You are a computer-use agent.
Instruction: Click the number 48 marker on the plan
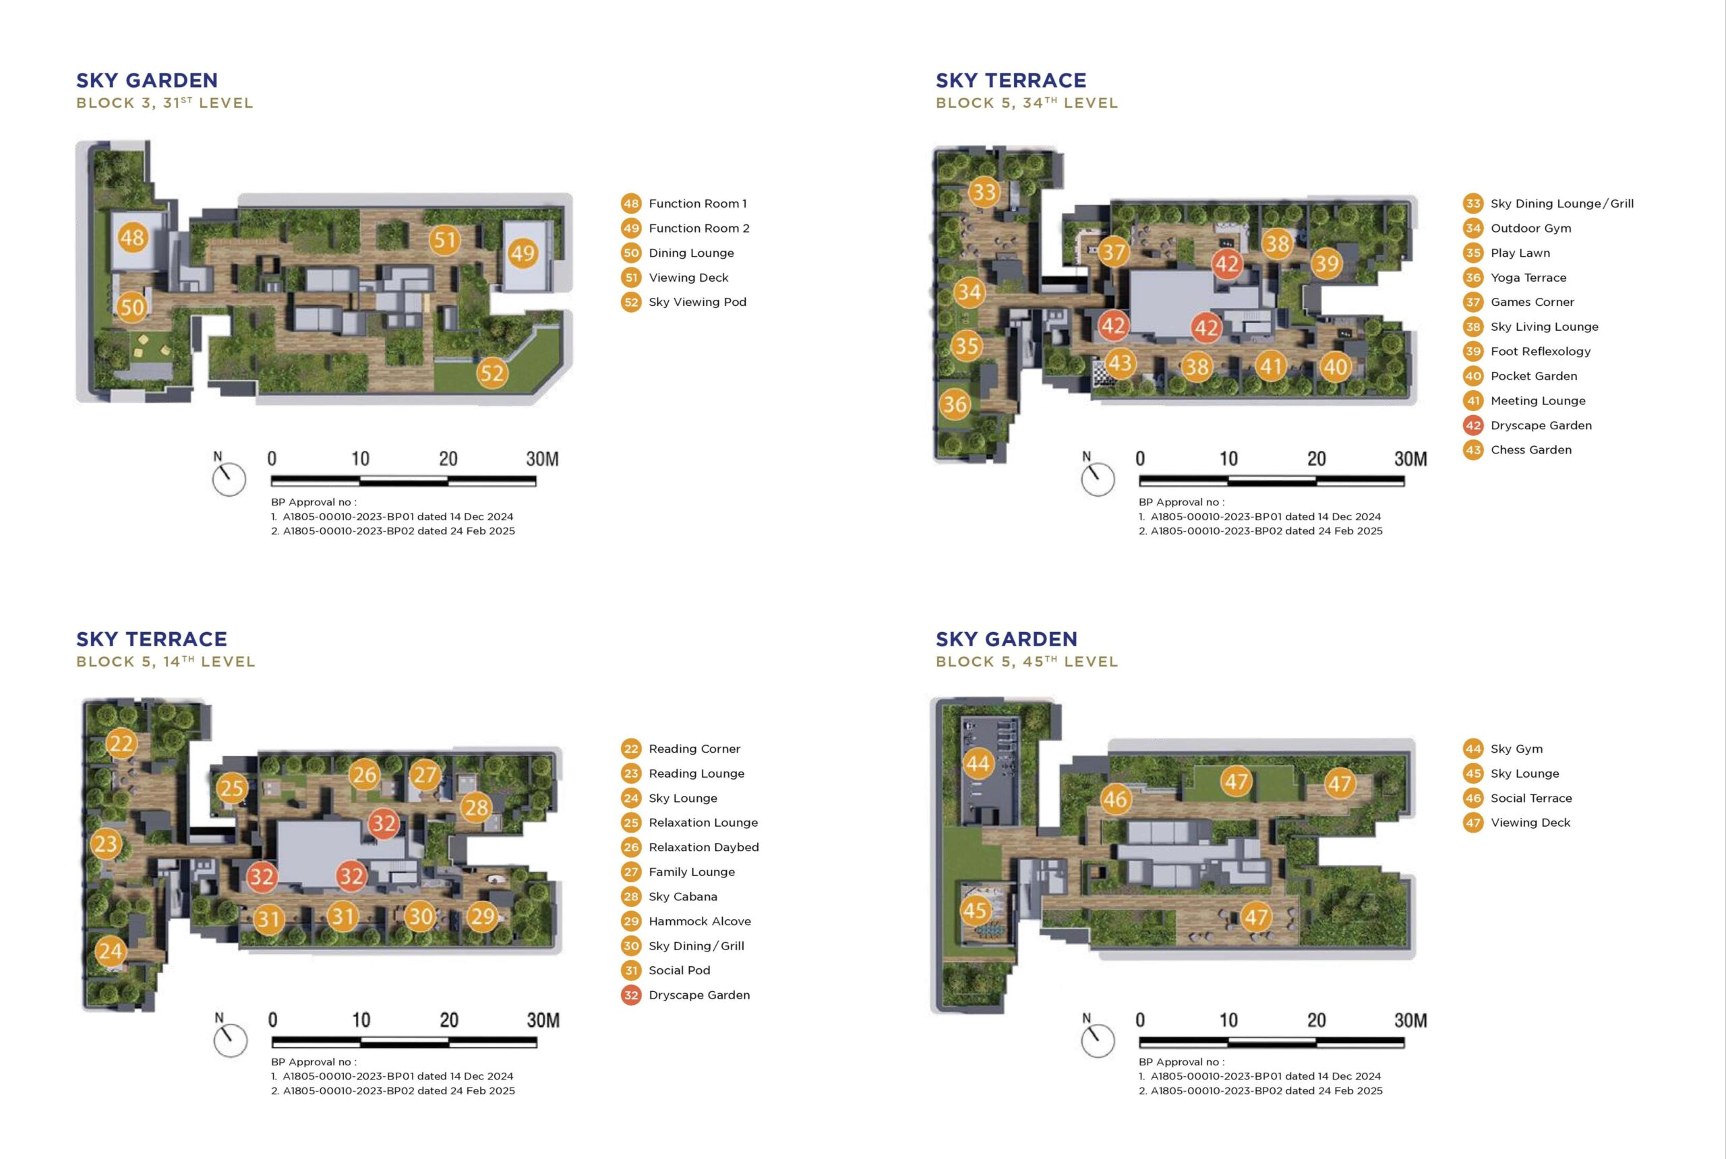point(132,237)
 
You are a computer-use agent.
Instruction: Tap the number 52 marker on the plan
point(492,373)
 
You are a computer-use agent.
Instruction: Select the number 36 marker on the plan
point(955,404)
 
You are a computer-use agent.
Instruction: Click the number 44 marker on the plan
point(978,763)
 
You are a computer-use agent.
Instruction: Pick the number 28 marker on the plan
point(476,807)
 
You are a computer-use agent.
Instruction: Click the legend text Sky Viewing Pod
point(697,303)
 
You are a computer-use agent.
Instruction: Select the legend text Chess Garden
point(1530,450)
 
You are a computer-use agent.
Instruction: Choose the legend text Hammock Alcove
point(700,922)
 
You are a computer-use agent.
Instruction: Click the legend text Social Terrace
point(1530,798)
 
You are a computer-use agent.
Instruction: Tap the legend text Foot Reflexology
point(1541,352)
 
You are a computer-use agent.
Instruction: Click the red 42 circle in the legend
point(1473,425)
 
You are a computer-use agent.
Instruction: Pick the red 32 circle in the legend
point(631,995)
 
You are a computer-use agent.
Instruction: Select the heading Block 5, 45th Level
point(1026,662)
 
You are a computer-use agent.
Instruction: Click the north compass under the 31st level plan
point(229,479)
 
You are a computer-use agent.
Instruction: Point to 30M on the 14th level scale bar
point(543,1021)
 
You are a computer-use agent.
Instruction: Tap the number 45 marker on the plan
point(975,910)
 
